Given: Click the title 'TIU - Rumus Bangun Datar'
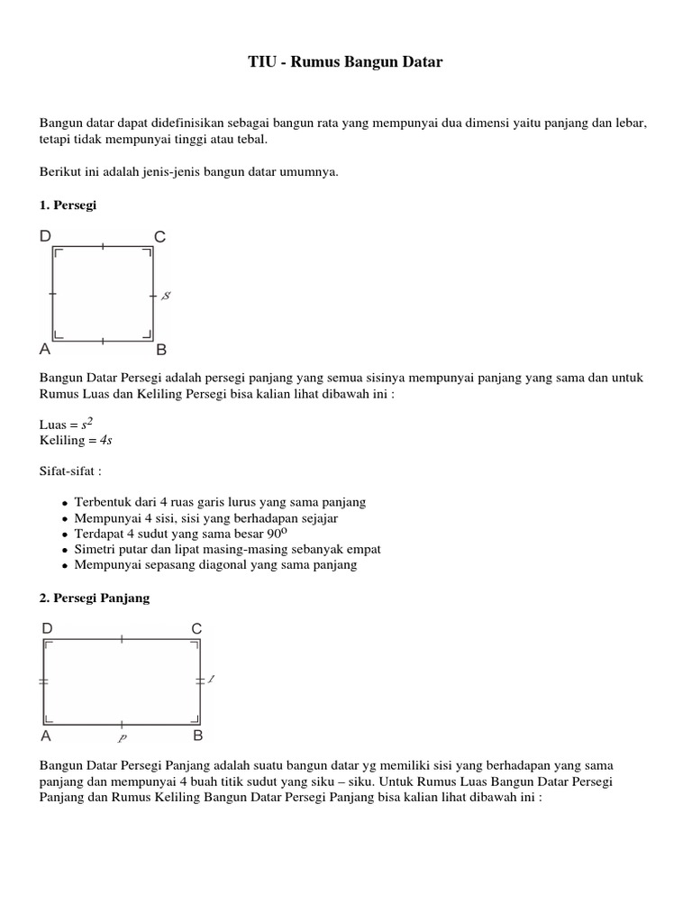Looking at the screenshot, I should (346, 62).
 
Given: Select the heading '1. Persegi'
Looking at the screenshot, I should (68, 205).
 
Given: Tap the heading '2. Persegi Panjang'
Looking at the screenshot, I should (95, 598).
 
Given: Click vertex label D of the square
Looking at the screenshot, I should (46, 236).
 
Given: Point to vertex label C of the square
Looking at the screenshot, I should (159, 237).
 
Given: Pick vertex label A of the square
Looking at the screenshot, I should (46, 350).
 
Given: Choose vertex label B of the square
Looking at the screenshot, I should (161, 350).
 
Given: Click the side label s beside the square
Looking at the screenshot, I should (167, 295).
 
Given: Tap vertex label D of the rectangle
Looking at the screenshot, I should (47, 627).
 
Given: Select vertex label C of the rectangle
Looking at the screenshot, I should (196, 627).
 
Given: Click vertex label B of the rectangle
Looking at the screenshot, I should (197, 736).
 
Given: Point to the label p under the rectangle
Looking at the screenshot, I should (122, 736).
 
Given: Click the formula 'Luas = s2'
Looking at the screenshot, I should (69, 424).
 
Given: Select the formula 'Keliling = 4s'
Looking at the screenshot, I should (76, 440).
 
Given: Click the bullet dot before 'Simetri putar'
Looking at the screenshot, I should (65, 550).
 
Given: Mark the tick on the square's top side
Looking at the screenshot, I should (103, 246).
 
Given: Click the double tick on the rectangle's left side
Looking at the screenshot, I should (43, 682).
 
